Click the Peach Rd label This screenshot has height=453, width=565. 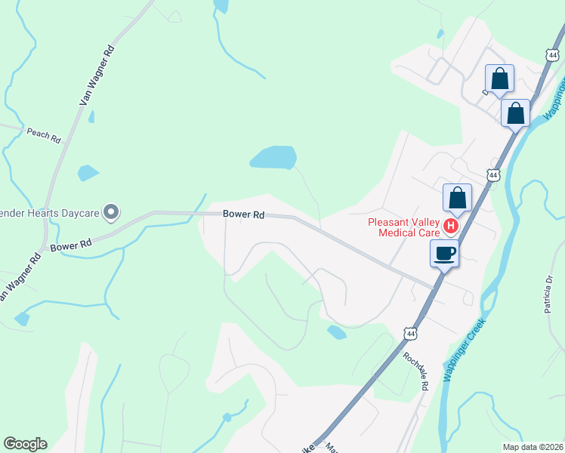point(43,135)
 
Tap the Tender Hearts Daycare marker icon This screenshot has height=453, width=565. point(111,213)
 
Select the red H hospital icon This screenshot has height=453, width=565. point(451,226)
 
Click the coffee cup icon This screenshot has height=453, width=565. point(444,252)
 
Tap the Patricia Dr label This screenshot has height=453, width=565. point(548,294)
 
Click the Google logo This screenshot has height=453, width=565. point(25,444)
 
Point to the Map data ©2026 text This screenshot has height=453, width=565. point(533,447)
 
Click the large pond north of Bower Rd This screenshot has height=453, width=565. point(273,158)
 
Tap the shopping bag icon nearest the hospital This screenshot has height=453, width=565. point(457,198)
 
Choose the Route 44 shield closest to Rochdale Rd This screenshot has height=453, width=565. point(410,333)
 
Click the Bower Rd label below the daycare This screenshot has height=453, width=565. point(71,245)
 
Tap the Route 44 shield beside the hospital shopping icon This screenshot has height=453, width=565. point(493,175)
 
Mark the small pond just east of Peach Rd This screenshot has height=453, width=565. point(88,173)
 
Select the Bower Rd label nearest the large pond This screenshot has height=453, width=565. point(243,214)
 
